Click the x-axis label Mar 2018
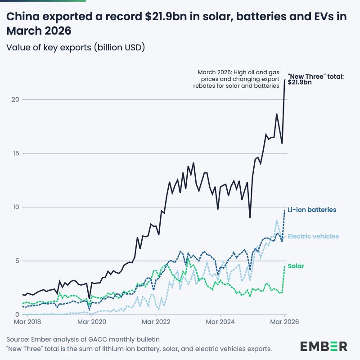click(x=28, y=322)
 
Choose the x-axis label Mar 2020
click(x=92, y=322)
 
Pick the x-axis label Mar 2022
click(x=156, y=322)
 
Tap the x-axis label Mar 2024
click(x=220, y=322)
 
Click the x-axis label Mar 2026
click(x=284, y=322)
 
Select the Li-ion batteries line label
click(x=312, y=210)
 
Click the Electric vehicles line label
click(x=313, y=236)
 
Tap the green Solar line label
click(x=296, y=266)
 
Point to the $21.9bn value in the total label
click(x=300, y=83)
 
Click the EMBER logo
click(x=324, y=346)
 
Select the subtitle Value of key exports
click(x=76, y=47)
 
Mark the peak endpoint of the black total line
click(x=284, y=80)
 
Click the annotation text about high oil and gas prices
click(x=238, y=79)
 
